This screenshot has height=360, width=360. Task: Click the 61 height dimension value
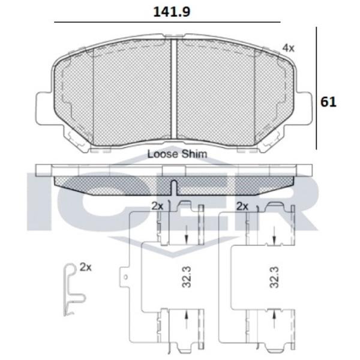(x=328, y=101)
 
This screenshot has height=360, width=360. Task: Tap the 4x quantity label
(x=289, y=48)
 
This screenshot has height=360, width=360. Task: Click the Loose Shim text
(x=177, y=154)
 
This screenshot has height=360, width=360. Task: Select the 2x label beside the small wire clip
(x=86, y=268)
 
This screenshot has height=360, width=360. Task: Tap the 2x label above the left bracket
(x=157, y=206)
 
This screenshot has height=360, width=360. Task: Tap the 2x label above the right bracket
(x=242, y=206)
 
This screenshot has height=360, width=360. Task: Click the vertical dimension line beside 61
(x=316, y=90)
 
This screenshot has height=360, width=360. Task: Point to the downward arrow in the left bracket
(x=187, y=237)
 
